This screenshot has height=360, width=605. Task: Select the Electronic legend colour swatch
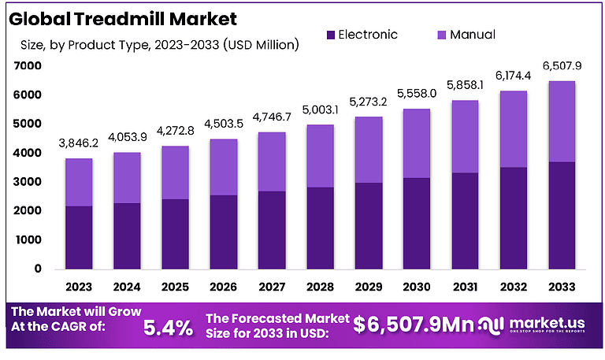pyautogui.click(x=330, y=35)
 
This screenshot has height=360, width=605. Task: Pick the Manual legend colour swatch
pyautogui.click(x=440, y=35)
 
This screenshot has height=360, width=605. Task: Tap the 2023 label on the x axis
pyautogui.click(x=78, y=287)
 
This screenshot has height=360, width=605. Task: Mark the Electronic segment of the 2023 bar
pyautogui.click(x=78, y=237)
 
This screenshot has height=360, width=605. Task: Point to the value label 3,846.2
pyautogui.click(x=78, y=143)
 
